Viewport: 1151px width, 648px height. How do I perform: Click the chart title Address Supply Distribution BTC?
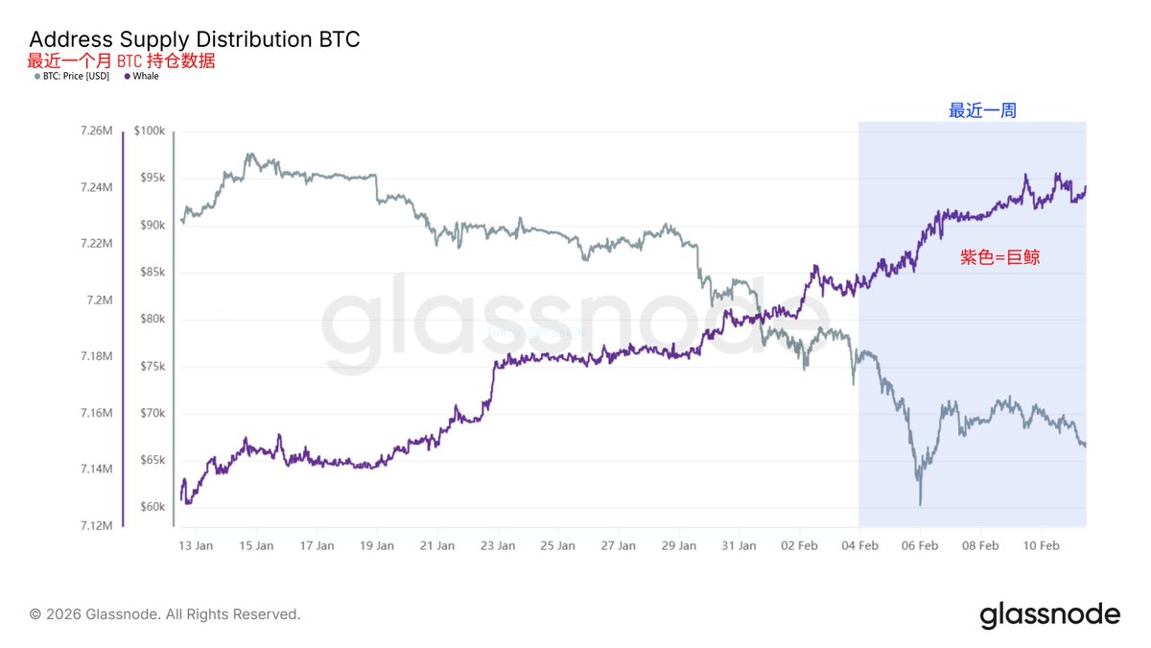195,39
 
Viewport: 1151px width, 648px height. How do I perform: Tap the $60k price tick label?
152,507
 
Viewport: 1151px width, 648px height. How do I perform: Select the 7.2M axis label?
100,300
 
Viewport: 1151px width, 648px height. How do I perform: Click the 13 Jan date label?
196,546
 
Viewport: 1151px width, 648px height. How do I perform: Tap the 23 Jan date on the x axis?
497,546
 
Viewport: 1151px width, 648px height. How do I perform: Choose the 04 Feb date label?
859,546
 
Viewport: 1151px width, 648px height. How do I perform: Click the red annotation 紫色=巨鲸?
1000,257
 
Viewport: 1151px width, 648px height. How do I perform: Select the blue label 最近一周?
982,111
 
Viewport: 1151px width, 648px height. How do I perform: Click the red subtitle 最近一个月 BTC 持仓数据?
121,60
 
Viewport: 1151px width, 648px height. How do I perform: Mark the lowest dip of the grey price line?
921,504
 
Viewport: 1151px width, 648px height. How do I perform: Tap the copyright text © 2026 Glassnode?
165,613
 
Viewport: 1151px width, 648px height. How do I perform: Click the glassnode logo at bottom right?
1049,614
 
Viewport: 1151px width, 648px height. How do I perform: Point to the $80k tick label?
152,319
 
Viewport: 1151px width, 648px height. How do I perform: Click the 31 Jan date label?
739,546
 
